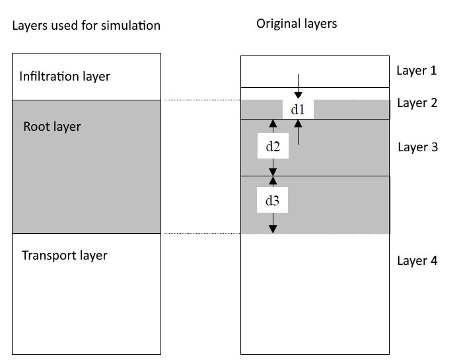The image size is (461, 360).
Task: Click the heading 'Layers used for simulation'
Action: click(x=86, y=26)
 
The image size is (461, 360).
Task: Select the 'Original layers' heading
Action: click(x=297, y=24)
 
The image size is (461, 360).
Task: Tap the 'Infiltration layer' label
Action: click(x=65, y=77)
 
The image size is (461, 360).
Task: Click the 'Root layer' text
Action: click(x=52, y=126)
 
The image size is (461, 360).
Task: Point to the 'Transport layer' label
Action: click(x=65, y=255)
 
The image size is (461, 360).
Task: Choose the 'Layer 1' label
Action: click(x=417, y=70)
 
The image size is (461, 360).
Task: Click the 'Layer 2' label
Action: click(x=417, y=103)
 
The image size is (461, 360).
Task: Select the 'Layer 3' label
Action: click(x=417, y=147)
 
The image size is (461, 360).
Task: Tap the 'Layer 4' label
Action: click(x=417, y=261)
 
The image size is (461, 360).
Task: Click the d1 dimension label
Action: click(x=298, y=110)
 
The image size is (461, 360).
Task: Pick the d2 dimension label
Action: click(x=273, y=147)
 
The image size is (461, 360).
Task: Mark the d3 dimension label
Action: click(x=273, y=201)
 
